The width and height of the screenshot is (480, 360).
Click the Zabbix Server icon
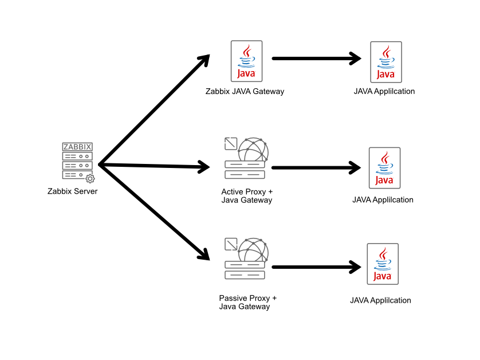(x=77, y=162)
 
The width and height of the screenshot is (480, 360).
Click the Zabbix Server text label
(x=72, y=191)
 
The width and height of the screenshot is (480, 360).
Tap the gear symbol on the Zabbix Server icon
(x=90, y=179)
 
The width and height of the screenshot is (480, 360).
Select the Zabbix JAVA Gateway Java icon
(x=246, y=61)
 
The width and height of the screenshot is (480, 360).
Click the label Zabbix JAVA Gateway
(x=245, y=91)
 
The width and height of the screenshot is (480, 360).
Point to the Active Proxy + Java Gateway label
(x=246, y=195)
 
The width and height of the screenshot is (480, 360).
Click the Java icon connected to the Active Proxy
(x=384, y=168)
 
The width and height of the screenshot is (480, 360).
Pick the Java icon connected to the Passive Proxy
(x=382, y=264)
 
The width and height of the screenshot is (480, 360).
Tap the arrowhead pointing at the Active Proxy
(x=204, y=167)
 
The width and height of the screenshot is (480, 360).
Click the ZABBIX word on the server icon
(x=77, y=147)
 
